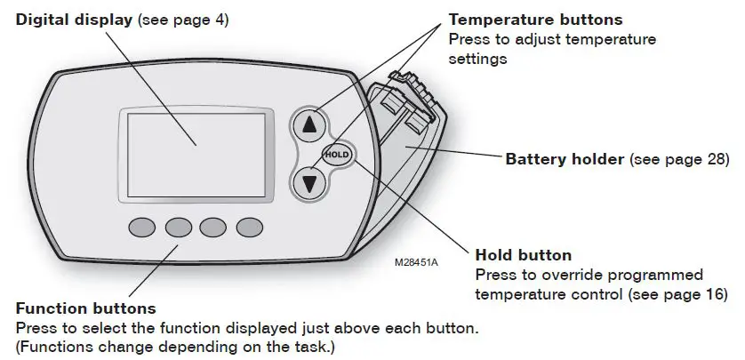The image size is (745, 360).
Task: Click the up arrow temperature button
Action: (x=310, y=125)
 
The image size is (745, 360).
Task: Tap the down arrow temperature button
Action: (x=310, y=184)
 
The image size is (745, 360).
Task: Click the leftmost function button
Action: (x=142, y=228)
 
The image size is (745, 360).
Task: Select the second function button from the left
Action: (x=178, y=228)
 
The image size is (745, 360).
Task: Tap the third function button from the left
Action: (x=213, y=228)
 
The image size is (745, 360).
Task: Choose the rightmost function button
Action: (x=249, y=228)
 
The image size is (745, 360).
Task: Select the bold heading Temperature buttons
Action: (x=535, y=20)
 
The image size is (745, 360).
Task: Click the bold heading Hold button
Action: (x=524, y=255)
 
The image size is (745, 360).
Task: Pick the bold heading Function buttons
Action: (x=85, y=308)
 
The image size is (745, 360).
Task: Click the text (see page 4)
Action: (x=183, y=19)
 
